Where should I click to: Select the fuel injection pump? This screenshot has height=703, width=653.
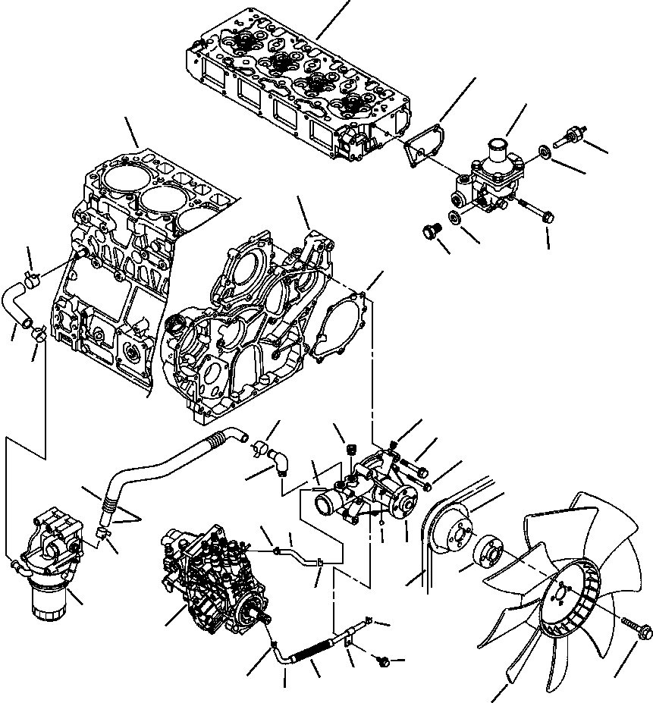[x=212, y=576]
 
